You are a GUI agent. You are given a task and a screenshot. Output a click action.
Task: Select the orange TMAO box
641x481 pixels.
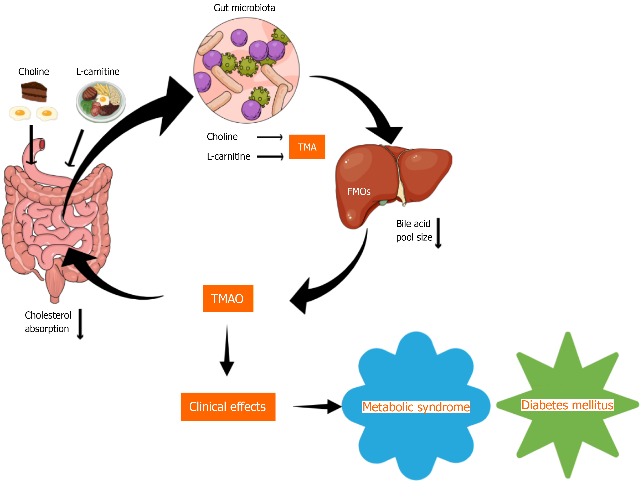pos(228,299)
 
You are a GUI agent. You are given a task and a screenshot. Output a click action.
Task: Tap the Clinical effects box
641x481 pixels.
pos(228,407)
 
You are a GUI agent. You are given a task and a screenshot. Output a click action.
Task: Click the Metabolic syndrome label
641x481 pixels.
pos(416,407)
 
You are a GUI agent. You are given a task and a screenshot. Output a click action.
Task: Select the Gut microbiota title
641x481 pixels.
pos(244,8)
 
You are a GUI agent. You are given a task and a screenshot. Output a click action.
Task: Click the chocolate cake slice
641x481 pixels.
pos(34,92)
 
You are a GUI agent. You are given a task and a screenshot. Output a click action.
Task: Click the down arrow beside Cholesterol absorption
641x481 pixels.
pos(80,324)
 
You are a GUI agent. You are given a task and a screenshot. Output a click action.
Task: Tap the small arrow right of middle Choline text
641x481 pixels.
pos(270,137)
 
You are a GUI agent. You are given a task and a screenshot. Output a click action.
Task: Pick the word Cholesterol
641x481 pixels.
pos(48,315)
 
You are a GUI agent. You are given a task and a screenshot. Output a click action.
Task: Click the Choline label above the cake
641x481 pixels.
pos(34,72)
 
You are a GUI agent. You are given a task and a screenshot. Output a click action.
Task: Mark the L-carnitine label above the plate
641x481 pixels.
pos(98,72)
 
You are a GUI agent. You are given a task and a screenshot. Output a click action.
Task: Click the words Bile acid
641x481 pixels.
pos(413,224)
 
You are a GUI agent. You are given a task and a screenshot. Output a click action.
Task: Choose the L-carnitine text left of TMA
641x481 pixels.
pos(228,157)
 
